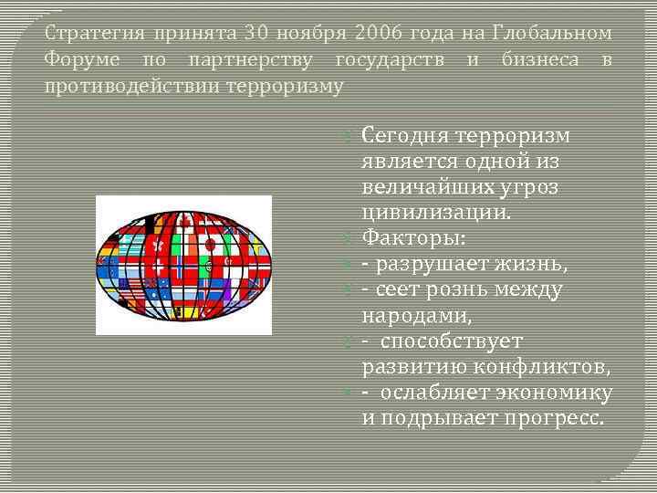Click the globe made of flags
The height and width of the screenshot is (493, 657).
pos(183,265)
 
